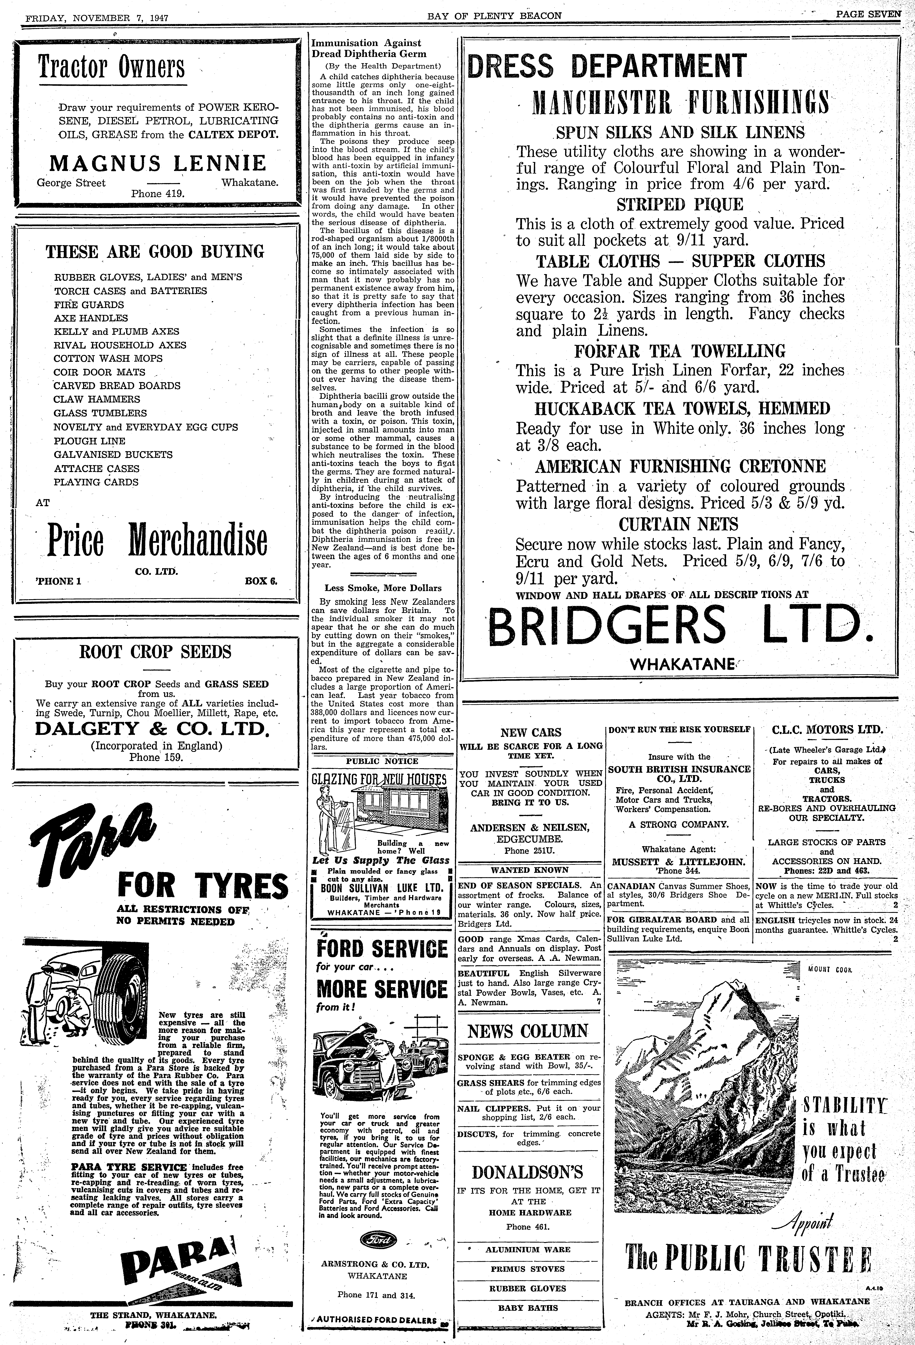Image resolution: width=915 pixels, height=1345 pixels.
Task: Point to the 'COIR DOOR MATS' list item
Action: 99,372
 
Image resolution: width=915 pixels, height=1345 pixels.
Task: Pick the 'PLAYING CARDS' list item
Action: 97,482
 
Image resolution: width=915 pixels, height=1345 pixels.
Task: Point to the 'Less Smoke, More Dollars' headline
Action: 383,588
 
